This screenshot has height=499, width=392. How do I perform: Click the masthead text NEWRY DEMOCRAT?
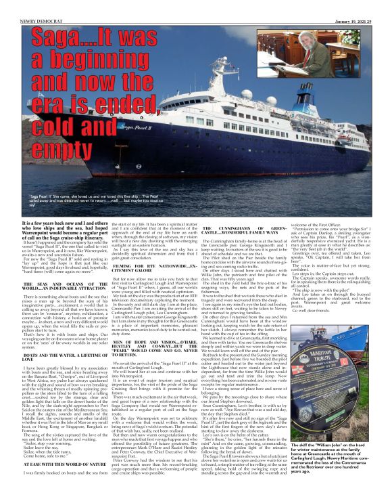click(22, 4)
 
